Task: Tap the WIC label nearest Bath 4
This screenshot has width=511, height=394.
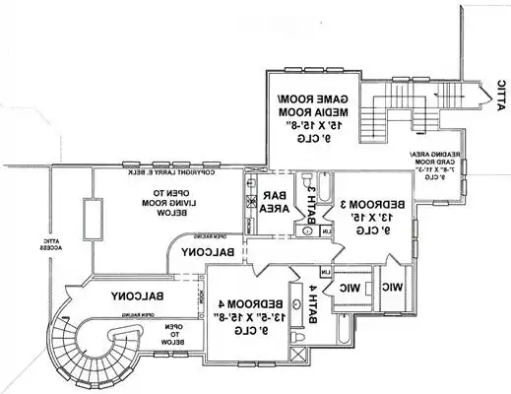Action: click(x=352, y=289)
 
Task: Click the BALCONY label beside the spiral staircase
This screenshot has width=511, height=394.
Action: click(x=136, y=295)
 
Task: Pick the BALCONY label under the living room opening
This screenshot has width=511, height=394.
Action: click(x=206, y=253)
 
